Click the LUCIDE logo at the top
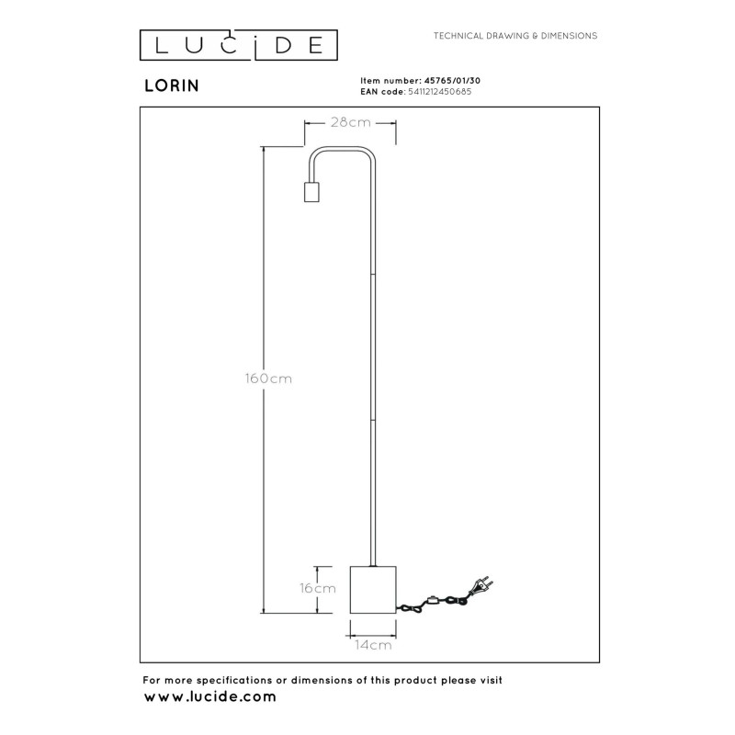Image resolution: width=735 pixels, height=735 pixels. [239, 45]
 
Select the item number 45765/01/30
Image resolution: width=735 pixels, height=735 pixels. [448, 82]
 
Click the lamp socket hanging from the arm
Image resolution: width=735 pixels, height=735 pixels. [311, 191]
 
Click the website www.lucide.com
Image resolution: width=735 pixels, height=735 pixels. [209, 698]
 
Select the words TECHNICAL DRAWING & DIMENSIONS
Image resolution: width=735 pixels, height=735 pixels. [515, 36]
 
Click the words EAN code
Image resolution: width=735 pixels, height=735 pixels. [379, 92]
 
